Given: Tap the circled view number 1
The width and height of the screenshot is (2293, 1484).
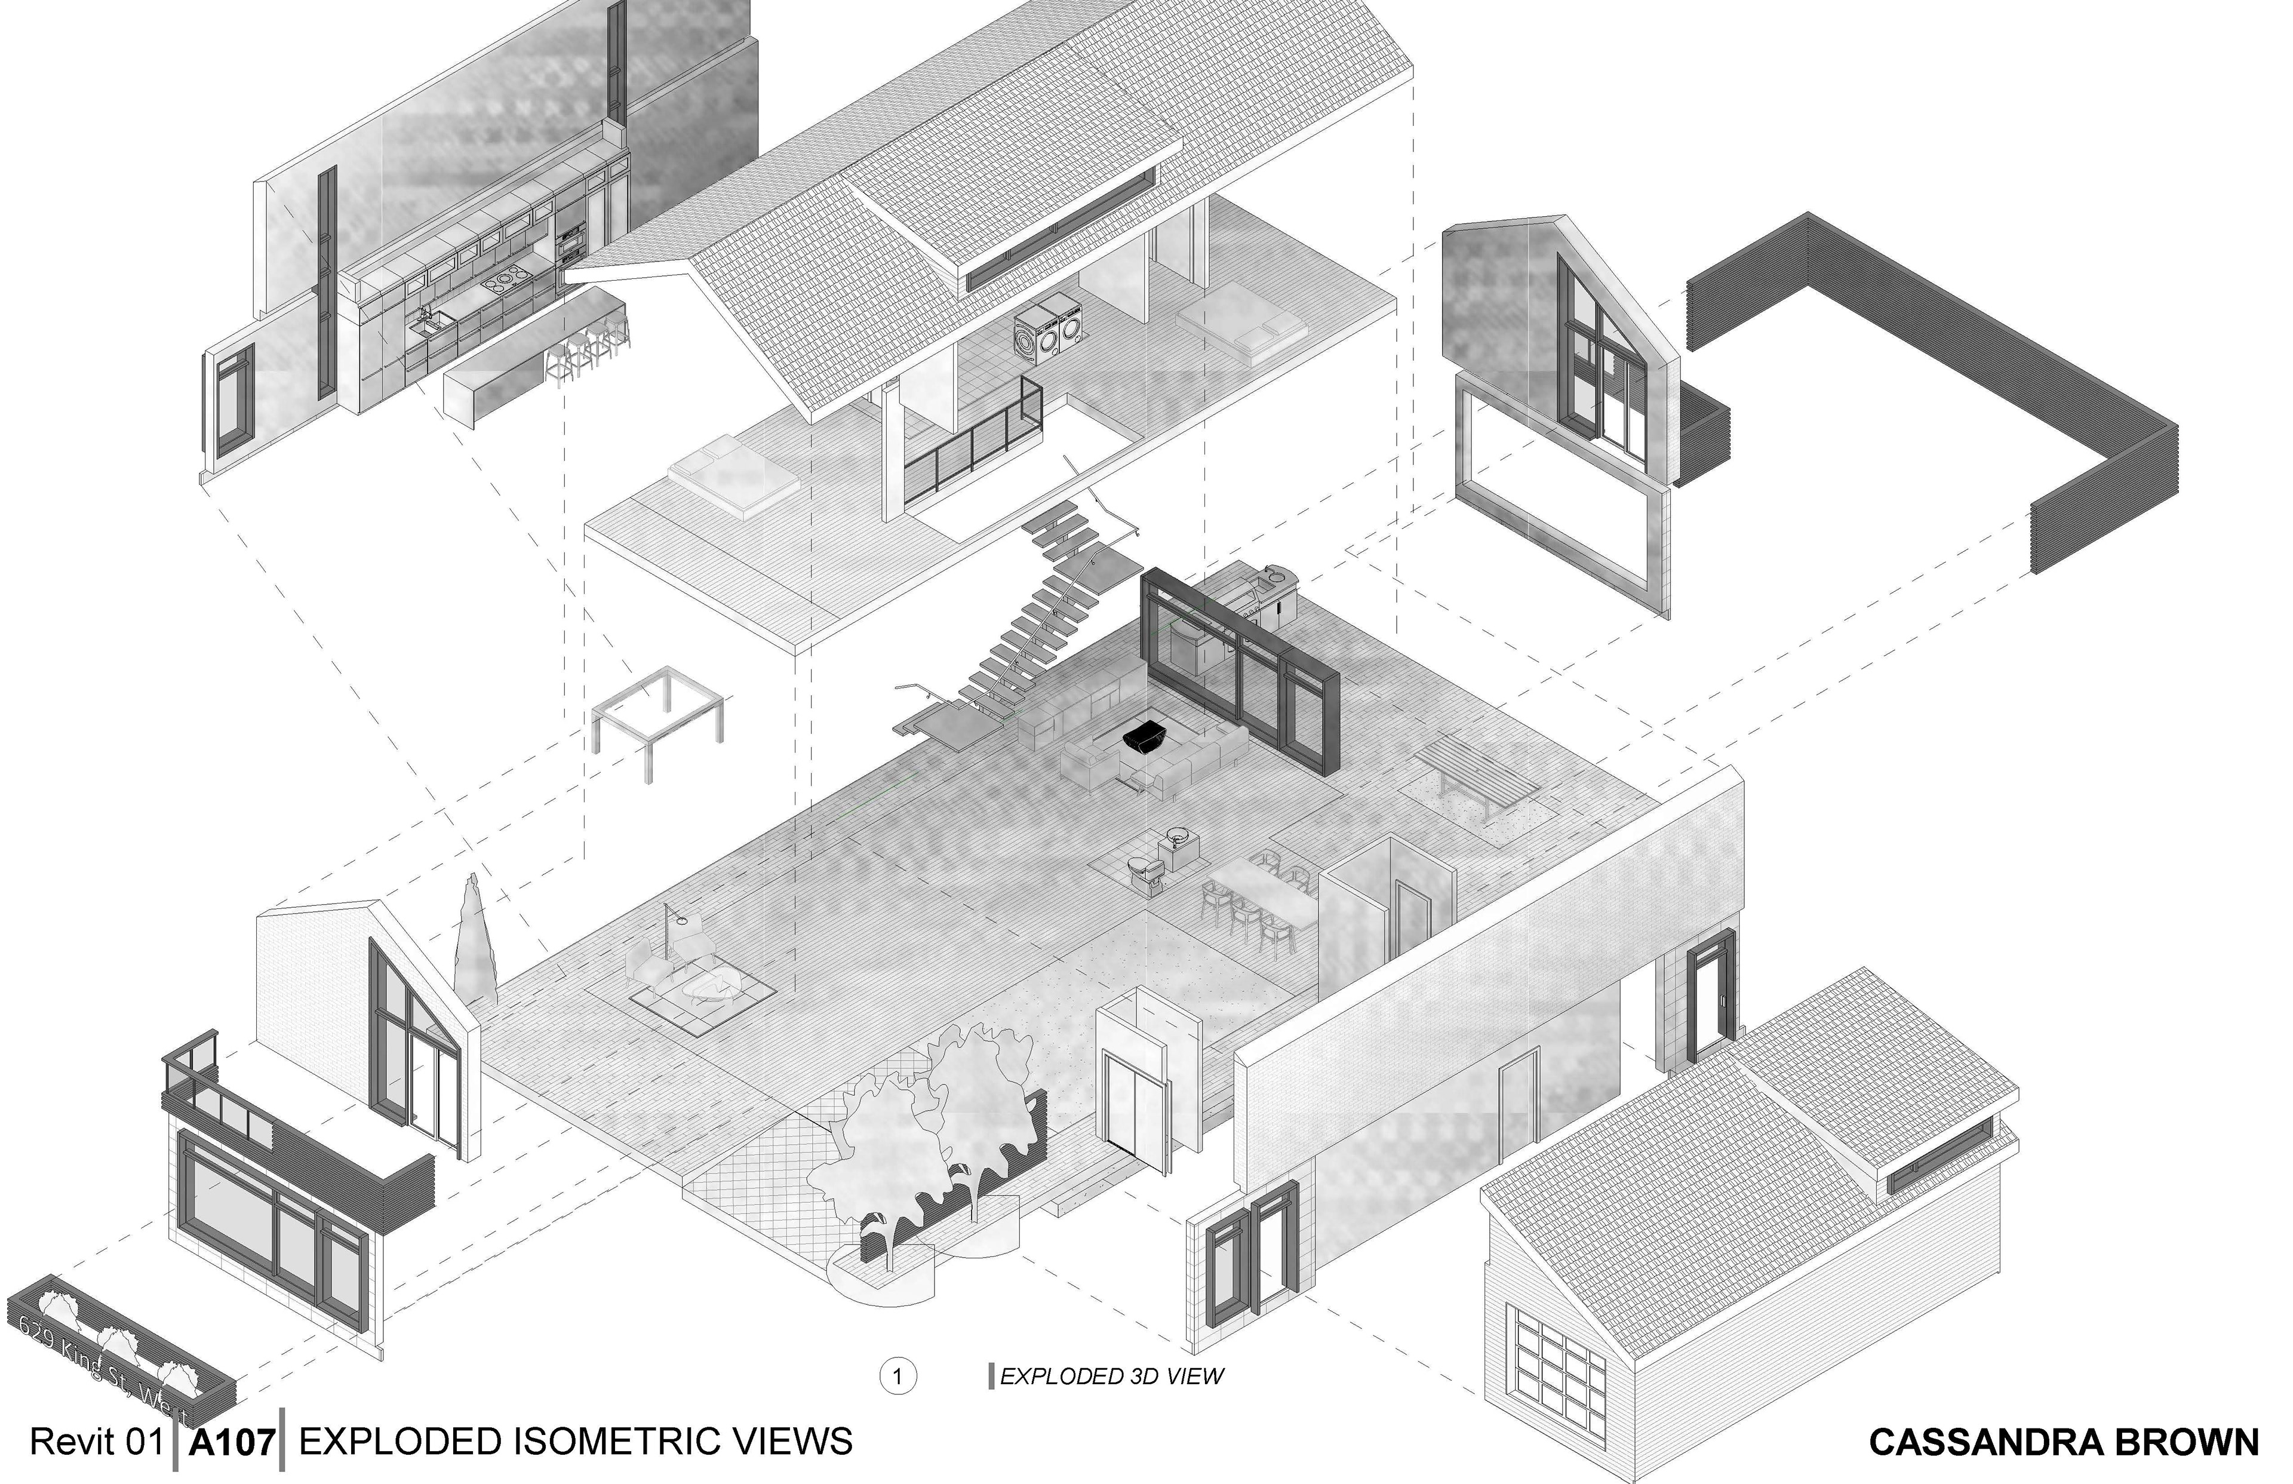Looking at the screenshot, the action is (x=897, y=1376).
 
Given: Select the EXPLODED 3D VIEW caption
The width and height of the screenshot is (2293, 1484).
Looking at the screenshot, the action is (x=1111, y=1376).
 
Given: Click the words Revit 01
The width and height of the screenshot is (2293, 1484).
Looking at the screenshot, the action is (x=96, y=1442).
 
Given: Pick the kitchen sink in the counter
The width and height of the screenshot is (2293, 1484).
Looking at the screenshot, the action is (x=424, y=325).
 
